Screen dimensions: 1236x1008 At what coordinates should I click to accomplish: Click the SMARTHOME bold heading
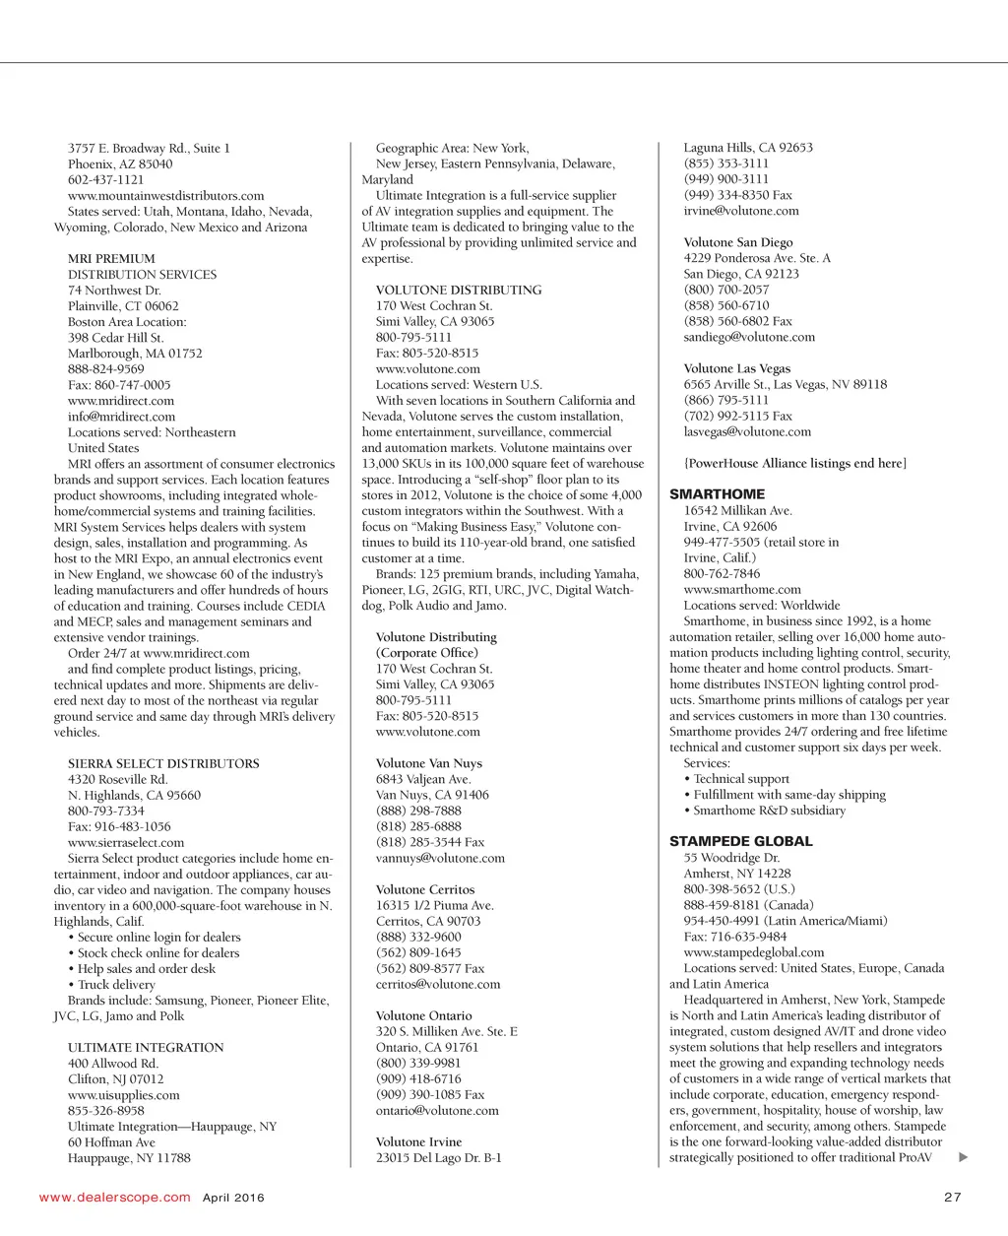717,494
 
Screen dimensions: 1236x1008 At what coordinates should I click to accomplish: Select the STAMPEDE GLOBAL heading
740,841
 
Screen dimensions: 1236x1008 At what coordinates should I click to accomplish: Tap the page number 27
952,1198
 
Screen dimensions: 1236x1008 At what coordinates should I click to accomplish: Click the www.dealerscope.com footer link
114,1198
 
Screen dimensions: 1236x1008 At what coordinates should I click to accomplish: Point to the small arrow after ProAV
963,1157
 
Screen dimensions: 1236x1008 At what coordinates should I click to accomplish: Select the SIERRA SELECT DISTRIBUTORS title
163,763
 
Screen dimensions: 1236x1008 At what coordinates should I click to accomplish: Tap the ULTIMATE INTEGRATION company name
146,1047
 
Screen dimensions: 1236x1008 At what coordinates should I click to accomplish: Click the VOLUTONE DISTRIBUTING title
459,290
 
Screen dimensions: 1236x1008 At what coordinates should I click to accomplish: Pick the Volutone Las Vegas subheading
736,368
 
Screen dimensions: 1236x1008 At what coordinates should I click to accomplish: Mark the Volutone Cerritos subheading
424,889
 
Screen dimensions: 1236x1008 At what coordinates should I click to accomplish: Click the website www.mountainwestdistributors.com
165,195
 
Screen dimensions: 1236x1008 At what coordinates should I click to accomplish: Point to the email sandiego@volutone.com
749,337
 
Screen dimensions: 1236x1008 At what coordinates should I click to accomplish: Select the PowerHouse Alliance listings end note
794,463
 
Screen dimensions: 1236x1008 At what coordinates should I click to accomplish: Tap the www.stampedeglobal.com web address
754,952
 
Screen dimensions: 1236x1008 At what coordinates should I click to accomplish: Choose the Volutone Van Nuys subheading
428,763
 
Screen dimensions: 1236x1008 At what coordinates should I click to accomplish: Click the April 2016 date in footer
233,1198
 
